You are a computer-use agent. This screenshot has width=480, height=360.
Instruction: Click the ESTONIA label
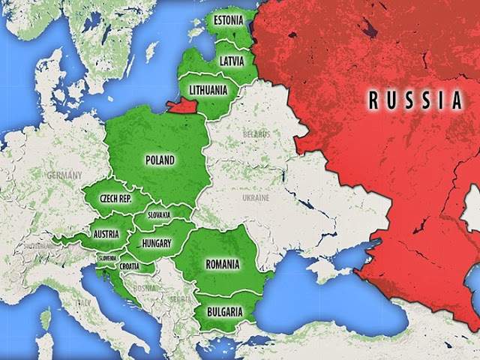[227, 19]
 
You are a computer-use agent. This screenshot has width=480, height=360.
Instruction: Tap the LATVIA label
[230, 60]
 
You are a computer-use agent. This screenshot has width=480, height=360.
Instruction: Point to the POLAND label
[160, 160]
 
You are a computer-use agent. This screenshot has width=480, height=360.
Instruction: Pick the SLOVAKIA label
[158, 215]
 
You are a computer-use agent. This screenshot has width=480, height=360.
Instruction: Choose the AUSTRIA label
[106, 234]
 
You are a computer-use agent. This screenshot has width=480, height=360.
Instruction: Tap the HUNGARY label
[155, 244]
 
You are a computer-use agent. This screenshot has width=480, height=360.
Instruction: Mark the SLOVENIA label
[106, 259]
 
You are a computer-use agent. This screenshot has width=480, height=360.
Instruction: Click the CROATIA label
[128, 266]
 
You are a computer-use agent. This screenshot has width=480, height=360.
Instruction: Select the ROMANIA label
[222, 264]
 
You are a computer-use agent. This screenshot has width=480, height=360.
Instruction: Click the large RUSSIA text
[414, 99]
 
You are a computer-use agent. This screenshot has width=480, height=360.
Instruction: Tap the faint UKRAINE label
[255, 197]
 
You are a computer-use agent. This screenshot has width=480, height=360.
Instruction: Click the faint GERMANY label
[63, 174]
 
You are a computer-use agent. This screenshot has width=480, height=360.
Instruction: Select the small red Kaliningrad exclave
[182, 106]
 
